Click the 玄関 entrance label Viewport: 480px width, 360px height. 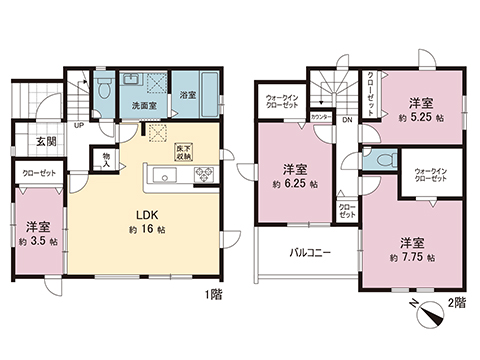click(x=33, y=141)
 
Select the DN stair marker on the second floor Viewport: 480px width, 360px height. click(x=346, y=121)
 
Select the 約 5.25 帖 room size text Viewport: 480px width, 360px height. click(x=419, y=117)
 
